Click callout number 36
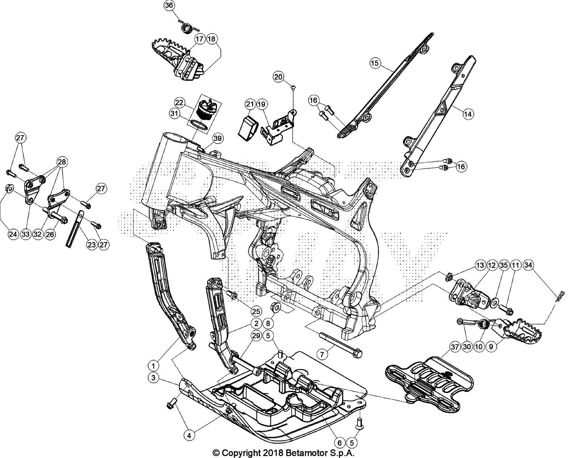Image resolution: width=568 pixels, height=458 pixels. point(169,6)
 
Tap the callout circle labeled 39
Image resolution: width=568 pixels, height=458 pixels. point(217,139)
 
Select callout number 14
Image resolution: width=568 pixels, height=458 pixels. point(468,114)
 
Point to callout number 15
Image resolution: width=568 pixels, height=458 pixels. point(375,63)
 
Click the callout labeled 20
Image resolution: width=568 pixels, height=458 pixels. point(279,77)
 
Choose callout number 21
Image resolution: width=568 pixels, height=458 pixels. point(250,104)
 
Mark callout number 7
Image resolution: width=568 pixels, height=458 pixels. point(322,354)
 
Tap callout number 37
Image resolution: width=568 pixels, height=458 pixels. point(455,347)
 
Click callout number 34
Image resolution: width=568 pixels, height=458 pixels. point(528,265)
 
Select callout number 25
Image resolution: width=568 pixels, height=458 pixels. point(257,312)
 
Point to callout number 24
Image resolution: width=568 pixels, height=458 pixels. point(13,234)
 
